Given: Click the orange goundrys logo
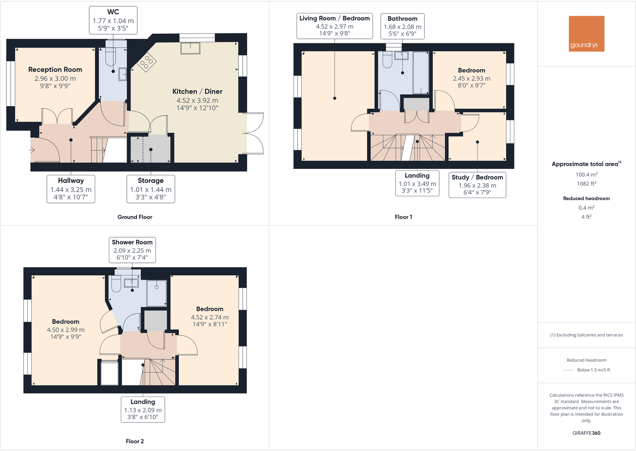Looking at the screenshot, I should tap(586, 34).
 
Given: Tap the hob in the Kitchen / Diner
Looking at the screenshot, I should tap(146, 62).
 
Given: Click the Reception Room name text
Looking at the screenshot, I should tap(55, 70).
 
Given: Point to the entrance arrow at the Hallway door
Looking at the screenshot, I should tap(32, 150).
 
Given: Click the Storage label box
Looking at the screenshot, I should tap(151, 189).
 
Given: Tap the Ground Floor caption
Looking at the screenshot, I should tap(135, 217).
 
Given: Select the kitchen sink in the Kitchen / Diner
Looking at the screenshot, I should tap(190, 48).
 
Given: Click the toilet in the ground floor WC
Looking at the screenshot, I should tap(110, 58).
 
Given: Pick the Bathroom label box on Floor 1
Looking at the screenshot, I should tap(402, 26).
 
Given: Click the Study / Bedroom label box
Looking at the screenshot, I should tap(477, 184).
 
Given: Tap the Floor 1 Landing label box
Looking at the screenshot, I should tap(417, 183).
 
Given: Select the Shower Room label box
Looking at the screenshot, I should tap(132, 250).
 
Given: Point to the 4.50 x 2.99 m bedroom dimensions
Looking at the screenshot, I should tap(66, 330).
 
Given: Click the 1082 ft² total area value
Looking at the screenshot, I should tap(586, 184).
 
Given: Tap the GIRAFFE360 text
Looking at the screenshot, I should tap(586, 433).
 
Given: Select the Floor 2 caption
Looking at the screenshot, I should tap(135, 441).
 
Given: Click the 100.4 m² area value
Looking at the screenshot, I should tap(586, 174).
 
